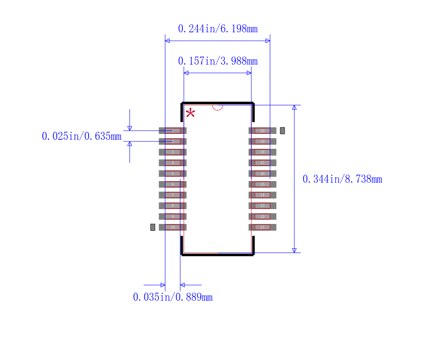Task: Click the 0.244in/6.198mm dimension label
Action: point(217,29)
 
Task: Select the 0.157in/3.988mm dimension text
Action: point(217,61)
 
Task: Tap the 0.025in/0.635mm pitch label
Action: point(82,136)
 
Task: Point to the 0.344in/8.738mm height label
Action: point(342,179)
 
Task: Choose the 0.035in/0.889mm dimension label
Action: point(172,297)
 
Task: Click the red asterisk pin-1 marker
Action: point(190,113)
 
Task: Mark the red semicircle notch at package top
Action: point(217,107)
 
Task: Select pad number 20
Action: point(262,131)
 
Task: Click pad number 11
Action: point(262,227)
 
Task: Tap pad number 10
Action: point(172,227)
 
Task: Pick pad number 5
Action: point(172,174)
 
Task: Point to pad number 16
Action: point(262,174)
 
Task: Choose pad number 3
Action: point(172,152)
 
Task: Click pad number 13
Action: point(262,205)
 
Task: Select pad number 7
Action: point(172,195)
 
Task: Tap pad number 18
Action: point(262,152)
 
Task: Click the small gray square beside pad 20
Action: point(282,130)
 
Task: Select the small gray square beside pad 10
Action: point(153,227)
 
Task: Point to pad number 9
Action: point(172,217)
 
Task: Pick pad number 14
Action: point(262,195)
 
